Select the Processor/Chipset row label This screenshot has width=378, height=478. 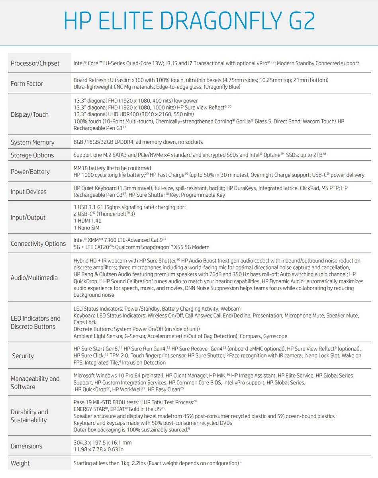pos(35,63)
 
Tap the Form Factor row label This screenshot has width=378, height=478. pos(27,84)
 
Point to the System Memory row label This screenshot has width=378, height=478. pos(33,142)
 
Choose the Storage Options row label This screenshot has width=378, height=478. pos(32,155)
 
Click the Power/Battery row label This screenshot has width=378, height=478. pos(30,172)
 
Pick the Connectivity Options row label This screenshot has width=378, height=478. pos(38,243)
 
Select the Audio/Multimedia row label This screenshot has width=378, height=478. pos(34,278)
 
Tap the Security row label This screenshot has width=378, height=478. pos(23,356)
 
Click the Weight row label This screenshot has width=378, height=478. pos(20,463)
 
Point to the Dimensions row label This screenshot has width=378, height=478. pos(26,446)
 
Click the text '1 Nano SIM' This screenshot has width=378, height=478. pos(86,228)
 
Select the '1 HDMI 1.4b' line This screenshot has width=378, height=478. pos(88,221)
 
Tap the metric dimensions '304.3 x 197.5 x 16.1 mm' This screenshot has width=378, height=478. pos(103,443)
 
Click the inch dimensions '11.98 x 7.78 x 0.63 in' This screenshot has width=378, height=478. pos(98,450)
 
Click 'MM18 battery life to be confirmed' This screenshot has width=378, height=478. pos(112,168)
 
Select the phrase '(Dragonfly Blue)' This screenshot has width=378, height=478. pos(219,87)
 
